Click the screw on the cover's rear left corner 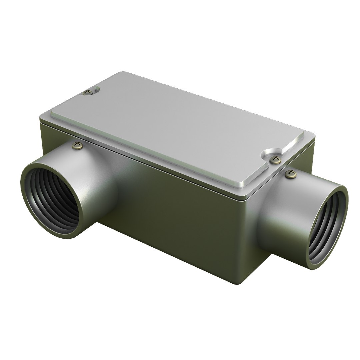88,92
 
